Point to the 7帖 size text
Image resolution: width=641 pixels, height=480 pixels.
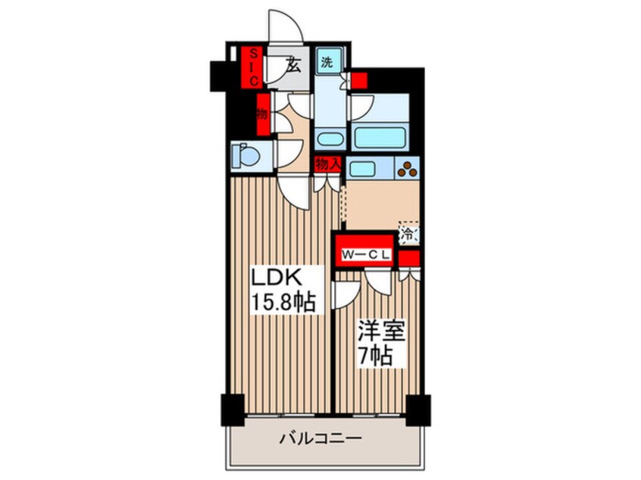(x=376, y=355)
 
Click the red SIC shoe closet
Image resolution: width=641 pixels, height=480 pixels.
(x=255, y=66)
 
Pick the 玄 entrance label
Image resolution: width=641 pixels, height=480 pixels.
(x=293, y=65)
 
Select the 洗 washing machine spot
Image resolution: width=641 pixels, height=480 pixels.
(x=327, y=63)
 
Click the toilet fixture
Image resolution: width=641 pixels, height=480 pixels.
(x=245, y=155)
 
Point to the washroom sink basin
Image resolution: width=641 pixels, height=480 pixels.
(x=328, y=140)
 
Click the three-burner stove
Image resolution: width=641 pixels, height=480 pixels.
(x=407, y=169)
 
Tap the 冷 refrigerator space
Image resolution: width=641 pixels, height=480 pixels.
(x=408, y=235)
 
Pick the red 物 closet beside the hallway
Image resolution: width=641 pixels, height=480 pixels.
(x=262, y=114)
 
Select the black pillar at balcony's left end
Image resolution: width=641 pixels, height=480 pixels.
(x=232, y=410)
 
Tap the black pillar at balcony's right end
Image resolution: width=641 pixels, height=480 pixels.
(x=417, y=410)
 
